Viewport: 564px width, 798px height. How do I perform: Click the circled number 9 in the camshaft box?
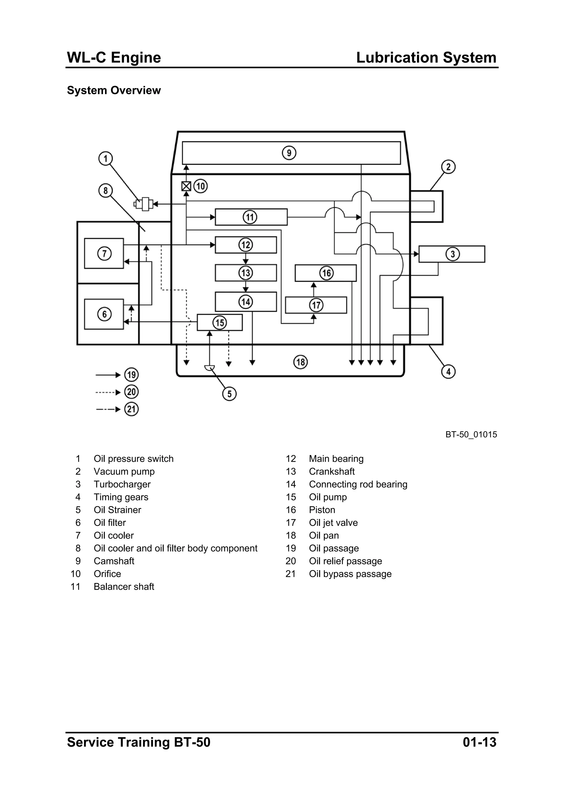pyautogui.click(x=289, y=153)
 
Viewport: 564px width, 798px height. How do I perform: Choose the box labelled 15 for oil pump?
pyautogui.click(x=219, y=323)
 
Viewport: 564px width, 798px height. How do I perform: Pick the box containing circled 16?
pyautogui.click(x=326, y=273)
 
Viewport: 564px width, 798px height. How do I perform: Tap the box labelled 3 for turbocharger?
pyautogui.click(x=451, y=254)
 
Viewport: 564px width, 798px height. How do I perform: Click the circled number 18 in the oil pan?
pyautogui.click(x=301, y=362)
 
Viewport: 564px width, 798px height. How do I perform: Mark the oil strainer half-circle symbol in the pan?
pyautogui.click(x=210, y=368)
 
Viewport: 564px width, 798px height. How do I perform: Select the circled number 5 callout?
pyautogui.click(x=229, y=394)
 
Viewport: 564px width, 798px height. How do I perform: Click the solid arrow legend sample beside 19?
pyautogui.click(x=108, y=375)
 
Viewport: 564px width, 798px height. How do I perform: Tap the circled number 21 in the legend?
pyautogui.click(x=131, y=409)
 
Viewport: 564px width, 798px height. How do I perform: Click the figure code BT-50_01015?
pyautogui.click(x=471, y=434)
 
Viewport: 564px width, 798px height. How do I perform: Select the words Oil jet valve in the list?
pyautogui.click(x=333, y=523)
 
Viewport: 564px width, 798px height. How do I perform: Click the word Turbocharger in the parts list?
pyautogui.click(x=122, y=484)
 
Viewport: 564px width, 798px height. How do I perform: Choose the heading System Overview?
pyautogui.click(x=114, y=90)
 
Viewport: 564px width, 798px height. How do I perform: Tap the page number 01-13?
pyautogui.click(x=479, y=742)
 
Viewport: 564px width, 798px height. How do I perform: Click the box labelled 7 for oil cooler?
pyautogui.click(x=104, y=253)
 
